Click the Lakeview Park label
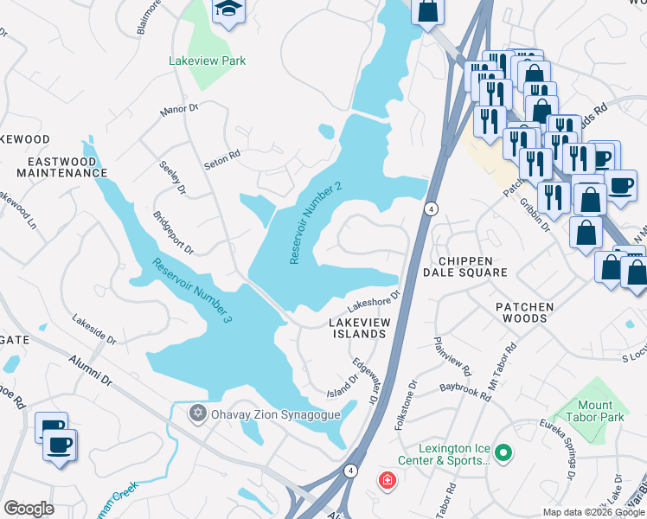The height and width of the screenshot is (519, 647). point(208,61)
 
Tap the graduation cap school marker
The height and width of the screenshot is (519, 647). point(228,10)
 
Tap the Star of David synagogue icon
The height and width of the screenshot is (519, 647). point(198,413)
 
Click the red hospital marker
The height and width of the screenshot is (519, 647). point(386,478)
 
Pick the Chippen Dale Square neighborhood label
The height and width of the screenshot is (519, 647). point(464,266)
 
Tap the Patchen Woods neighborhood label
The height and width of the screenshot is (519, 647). point(521,312)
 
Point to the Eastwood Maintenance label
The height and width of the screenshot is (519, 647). point(54,167)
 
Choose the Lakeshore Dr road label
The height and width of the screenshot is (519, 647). point(374,302)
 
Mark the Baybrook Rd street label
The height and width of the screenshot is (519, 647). point(464,390)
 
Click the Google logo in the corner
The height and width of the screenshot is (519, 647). point(29,509)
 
